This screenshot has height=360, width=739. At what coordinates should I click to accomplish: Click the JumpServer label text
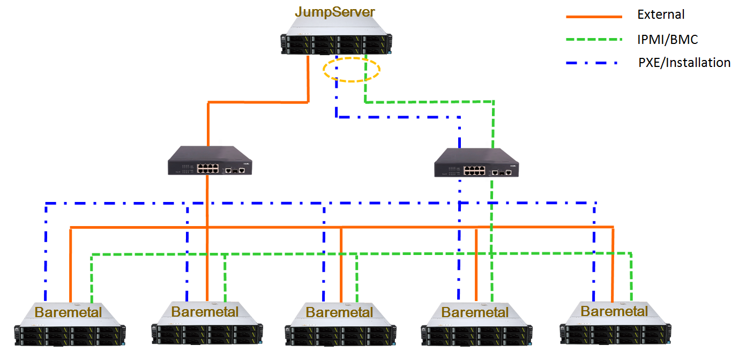pos(336,11)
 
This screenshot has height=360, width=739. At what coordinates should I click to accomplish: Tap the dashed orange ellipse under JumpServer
pos(352,70)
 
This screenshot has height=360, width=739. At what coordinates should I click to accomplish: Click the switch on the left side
pos(210,161)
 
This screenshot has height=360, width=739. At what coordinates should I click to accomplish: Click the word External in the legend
pos(661,15)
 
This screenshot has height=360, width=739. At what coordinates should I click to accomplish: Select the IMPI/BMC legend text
pos(668,39)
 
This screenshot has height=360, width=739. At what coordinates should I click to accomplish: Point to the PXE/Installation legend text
pos(684,63)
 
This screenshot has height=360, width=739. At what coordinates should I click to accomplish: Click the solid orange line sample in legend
pos(594,17)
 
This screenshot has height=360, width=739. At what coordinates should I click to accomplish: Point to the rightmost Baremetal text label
pos(614,311)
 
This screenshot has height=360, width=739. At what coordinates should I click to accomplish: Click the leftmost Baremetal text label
pos(69,312)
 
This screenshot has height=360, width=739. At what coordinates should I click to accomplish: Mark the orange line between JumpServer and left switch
pos(257,102)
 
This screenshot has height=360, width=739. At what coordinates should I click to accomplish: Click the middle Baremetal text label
pos(339,312)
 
